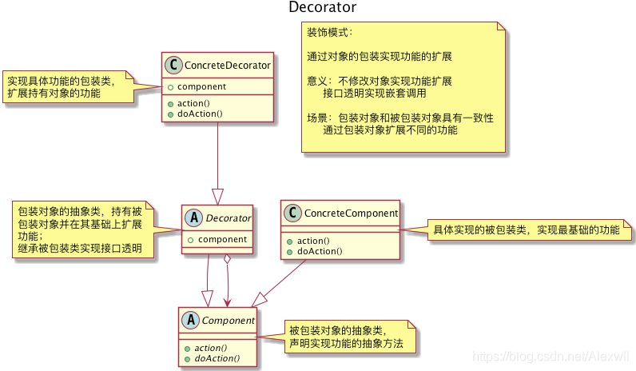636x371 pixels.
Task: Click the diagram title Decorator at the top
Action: coord(322,8)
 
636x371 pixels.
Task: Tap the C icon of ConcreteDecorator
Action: coord(173,65)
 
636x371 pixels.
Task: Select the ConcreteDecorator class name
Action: coord(227,65)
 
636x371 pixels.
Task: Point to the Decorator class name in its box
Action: coord(229,217)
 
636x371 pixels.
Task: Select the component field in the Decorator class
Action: coord(222,238)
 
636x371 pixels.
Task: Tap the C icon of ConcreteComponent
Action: coord(292,213)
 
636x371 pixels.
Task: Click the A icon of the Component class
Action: coord(190,321)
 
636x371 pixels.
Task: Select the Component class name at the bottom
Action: coord(229,321)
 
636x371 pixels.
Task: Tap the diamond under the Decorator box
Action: coord(228,259)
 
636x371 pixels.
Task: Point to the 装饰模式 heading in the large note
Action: coord(329,33)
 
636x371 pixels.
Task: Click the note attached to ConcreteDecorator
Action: coord(64,86)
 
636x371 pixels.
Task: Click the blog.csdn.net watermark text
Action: coord(551,356)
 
